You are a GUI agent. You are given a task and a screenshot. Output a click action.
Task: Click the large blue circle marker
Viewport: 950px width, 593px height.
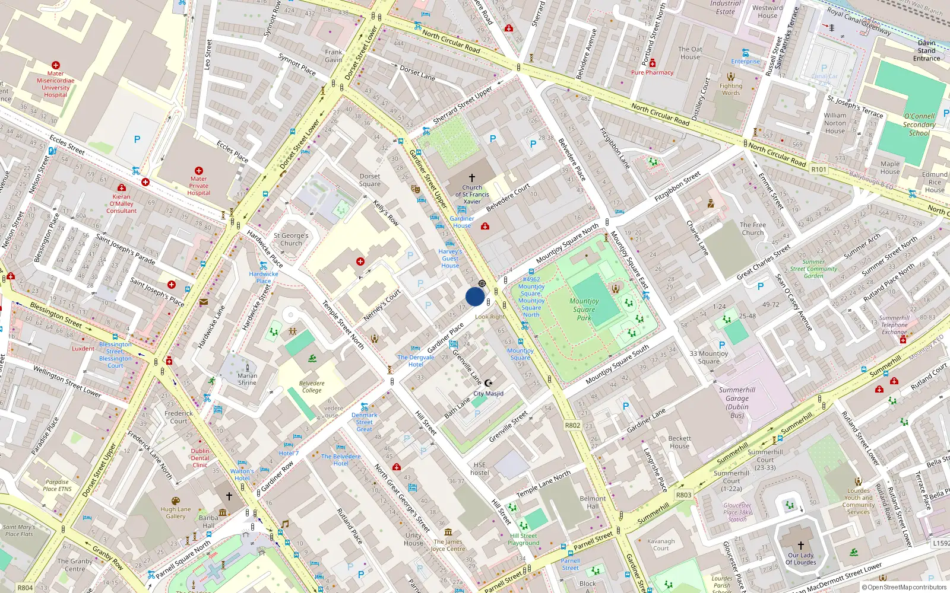pyautogui.click(x=475, y=296)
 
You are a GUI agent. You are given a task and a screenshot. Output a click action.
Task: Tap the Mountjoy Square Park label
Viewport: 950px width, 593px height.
pyautogui.click(x=584, y=310)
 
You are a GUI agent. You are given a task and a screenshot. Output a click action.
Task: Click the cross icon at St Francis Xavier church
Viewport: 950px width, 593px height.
pyautogui.click(x=472, y=178)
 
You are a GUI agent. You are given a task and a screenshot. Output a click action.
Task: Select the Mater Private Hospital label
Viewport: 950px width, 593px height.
pyautogui.click(x=198, y=186)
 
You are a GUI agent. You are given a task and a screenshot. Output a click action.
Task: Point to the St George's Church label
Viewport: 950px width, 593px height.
pyautogui.click(x=291, y=239)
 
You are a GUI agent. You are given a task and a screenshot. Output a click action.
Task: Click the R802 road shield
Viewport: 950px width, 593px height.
pyautogui.click(x=572, y=425)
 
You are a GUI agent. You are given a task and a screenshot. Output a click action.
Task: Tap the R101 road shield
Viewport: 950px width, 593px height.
pyautogui.click(x=819, y=170)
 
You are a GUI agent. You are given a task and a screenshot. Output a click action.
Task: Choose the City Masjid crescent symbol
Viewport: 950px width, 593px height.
pyautogui.click(x=489, y=383)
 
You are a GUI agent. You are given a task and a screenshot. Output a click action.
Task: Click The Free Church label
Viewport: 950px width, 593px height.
pyautogui.click(x=752, y=229)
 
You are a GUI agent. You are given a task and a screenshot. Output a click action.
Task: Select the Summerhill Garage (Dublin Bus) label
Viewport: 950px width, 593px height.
pyautogui.click(x=737, y=403)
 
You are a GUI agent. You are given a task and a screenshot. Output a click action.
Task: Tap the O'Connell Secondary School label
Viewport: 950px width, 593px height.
pyautogui.click(x=919, y=125)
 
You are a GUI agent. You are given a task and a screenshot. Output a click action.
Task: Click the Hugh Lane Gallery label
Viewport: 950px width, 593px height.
pyautogui.click(x=176, y=513)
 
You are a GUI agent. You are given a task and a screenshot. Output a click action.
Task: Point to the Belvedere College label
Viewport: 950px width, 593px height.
pyautogui.click(x=312, y=387)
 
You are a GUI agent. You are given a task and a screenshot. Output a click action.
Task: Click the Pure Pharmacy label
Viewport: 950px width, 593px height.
pyautogui.click(x=652, y=72)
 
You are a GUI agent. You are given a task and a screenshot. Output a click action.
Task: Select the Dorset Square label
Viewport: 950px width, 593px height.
pyautogui.click(x=369, y=180)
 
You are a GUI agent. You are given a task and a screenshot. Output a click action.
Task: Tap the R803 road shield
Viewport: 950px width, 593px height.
pyautogui.click(x=683, y=495)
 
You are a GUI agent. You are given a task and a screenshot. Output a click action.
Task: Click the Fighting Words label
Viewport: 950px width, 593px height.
pyautogui.click(x=731, y=89)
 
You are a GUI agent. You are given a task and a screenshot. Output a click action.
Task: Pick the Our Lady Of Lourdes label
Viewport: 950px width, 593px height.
pyautogui.click(x=801, y=559)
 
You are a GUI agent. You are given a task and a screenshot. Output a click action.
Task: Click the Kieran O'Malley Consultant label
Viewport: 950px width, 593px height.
pyautogui.click(x=121, y=203)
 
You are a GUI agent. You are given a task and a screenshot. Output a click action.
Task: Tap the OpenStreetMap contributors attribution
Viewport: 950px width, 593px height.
pyautogui.click(x=904, y=587)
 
